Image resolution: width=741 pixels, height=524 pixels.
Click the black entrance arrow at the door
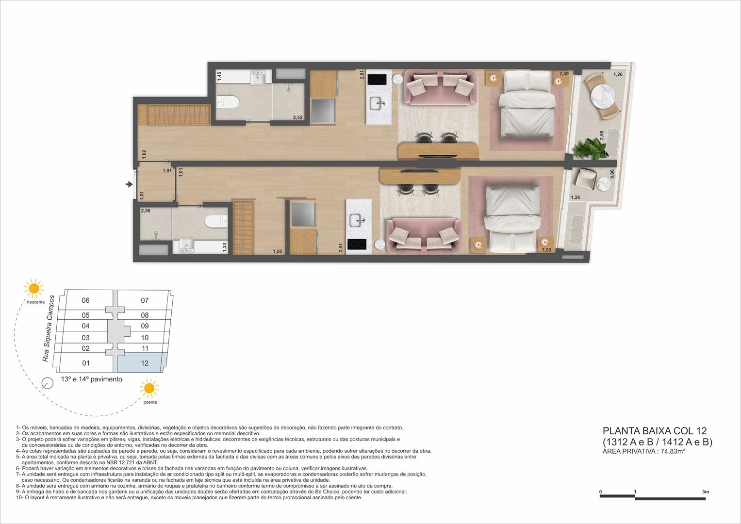tap(129, 184)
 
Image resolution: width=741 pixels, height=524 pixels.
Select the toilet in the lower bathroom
tap(216, 221)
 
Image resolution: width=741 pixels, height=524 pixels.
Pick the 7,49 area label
tap(564, 74)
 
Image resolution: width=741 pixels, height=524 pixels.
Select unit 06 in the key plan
tap(86, 300)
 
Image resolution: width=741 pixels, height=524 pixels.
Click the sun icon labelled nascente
tap(34, 288)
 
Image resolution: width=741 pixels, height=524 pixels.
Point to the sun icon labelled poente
tap(149, 389)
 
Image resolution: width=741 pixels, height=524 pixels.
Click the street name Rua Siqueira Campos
tap(48, 328)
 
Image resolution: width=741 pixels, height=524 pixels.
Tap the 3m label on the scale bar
tap(705, 492)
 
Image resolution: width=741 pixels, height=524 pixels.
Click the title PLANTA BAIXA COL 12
tap(654, 431)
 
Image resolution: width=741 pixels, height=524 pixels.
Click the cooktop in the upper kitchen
tap(376, 79)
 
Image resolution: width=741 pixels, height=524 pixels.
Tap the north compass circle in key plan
tap(48, 383)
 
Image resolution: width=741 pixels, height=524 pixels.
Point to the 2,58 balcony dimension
tap(602, 135)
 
